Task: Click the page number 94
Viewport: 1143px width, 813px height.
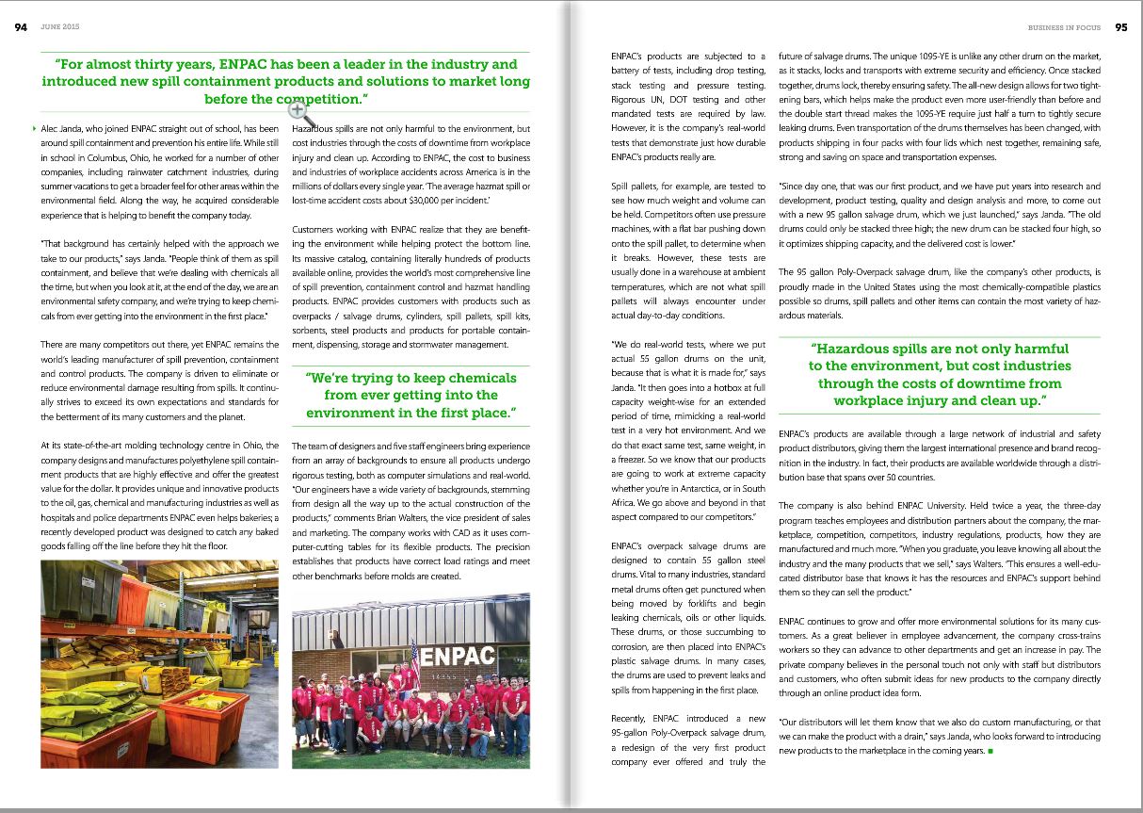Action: (20, 27)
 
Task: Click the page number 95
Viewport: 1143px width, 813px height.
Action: (1120, 27)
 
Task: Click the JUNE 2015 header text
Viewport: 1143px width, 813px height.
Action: (58, 27)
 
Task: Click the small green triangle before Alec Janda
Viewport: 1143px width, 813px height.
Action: (35, 128)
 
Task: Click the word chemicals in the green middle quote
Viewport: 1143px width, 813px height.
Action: (476, 378)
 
